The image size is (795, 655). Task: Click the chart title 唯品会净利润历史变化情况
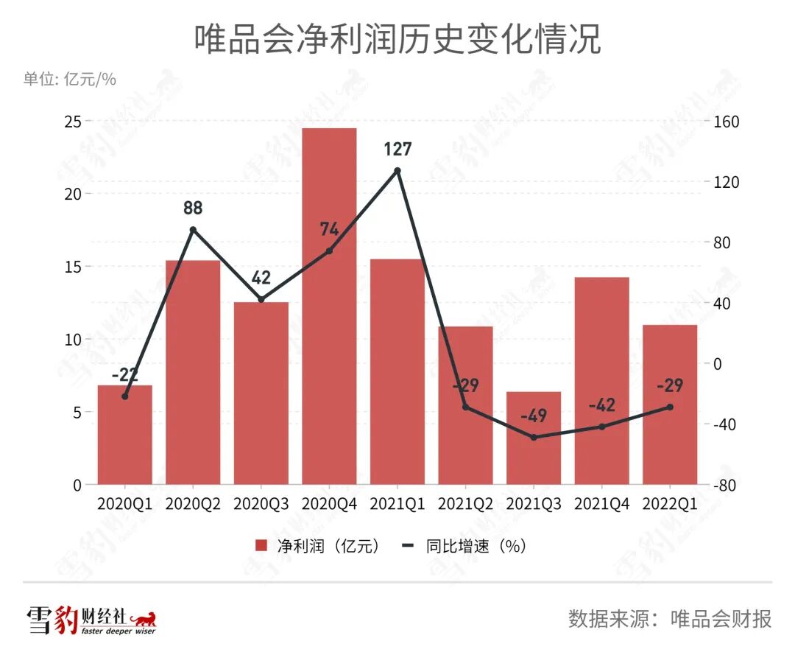(x=397, y=39)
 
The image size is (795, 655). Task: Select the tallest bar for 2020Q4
(x=329, y=306)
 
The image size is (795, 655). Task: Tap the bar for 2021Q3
(x=534, y=438)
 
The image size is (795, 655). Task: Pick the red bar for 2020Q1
(x=125, y=435)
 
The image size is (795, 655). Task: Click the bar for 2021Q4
(x=601, y=380)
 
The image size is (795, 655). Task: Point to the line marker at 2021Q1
(x=397, y=170)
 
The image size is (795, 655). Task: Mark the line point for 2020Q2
(x=193, y=229)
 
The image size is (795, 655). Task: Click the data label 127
(x=397, y=150)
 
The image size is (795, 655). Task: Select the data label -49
(x=534, y=416)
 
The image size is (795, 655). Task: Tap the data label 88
(x=193, y=209)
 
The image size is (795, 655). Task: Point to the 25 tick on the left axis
(x=72, y=121)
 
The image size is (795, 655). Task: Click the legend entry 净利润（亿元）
(x=317, y=546)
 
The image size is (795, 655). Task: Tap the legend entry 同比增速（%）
(x=464, y=546)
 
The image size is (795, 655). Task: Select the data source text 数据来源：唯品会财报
(x=670, y=618)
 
